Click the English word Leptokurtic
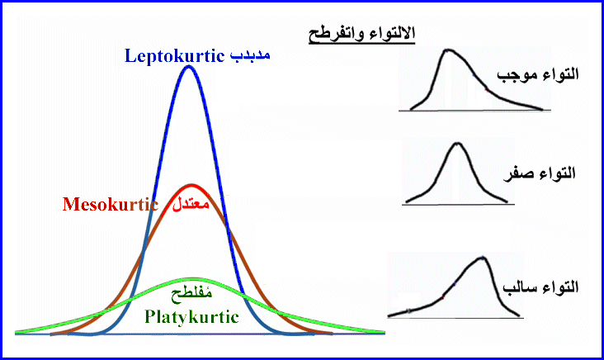(174, 56)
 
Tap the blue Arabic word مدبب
(250, 55)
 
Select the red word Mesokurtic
(111, 204)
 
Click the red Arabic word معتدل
(191, 203)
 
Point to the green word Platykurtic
(191, 317)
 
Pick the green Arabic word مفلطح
(191, 294)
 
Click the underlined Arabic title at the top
(361, 34)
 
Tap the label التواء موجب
(538, 73)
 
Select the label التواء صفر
(540, 173)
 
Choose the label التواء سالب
(540, 287)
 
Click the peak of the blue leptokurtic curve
(188, 67)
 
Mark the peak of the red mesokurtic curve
(191, 186)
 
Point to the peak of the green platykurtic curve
(191, 279)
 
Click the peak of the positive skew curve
(447, 50)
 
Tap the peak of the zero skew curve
(457, 144)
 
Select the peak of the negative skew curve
(483, 258)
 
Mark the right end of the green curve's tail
(385, 332)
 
